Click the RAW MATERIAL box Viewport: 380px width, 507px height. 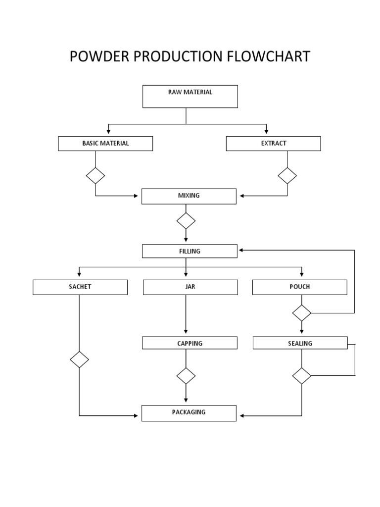[x=190, y=96]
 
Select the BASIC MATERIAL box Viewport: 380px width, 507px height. [x=105, y=144]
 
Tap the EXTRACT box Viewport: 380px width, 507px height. [x=273, y=144]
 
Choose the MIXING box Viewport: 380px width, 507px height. [x=189, y=196]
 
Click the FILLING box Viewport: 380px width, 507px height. [x=190, y=251]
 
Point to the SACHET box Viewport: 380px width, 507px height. [x=80, y=287]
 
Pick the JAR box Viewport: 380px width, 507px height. [x=190, y=287]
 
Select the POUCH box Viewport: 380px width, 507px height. [x=299, y=287]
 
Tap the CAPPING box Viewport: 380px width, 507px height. [x=190, y=343]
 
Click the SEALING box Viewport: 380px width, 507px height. [x=300, y=343]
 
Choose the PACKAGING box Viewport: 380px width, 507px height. [x=189, y=413]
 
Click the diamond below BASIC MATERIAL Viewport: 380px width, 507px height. [x=95, y=176]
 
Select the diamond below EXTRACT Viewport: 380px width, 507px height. [x=287, y=176]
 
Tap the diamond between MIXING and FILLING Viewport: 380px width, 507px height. [x=186, y=221]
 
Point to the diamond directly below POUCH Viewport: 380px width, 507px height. [x=301, y=313]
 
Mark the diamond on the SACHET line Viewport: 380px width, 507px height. [x=79, y=359]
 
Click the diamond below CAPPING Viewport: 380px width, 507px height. [x=186, y=376]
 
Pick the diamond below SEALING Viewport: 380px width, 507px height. [x=301, y=376]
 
